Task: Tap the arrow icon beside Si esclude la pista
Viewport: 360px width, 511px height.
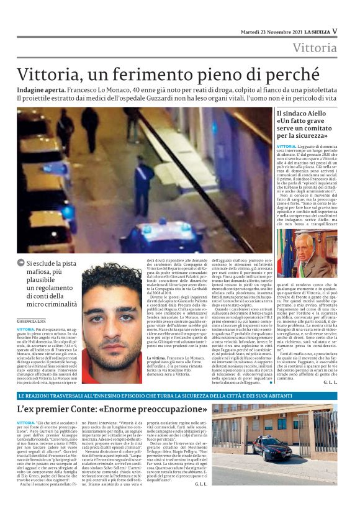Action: tap(21, 263)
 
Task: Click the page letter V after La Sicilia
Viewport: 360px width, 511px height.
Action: tap(335, 31)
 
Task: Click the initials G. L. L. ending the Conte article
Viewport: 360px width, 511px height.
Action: tap(200, 483)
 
